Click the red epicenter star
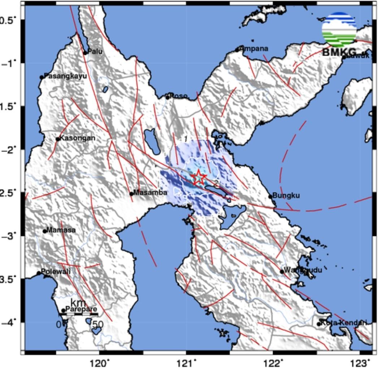(199, 177)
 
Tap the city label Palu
(95, 51)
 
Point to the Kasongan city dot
(58, 139)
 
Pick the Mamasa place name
(61, 230)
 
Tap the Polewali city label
(56, 272)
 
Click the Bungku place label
(286, 195)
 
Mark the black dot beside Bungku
(270, 197)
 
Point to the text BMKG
(339, 52)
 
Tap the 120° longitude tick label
(100, 362)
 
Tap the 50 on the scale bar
(97, 324)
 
